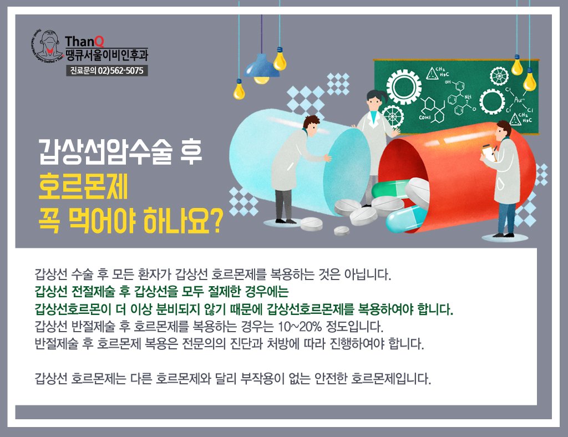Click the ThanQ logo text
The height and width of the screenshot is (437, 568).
point(84,41)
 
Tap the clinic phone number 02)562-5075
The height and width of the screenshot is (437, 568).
point(120,70)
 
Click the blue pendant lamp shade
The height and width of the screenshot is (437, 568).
point(262,67)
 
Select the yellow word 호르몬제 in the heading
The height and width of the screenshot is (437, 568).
point(83,186)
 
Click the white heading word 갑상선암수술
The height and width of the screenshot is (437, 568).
point(105,152)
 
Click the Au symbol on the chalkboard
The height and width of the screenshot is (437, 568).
point(519,99)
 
